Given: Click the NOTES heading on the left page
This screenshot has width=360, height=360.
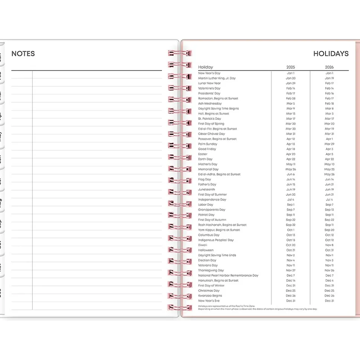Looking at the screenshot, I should pyautogui.click(x=23, y=54).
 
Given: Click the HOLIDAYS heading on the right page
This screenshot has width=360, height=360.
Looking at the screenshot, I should pyautogui.click(x=331, y=54).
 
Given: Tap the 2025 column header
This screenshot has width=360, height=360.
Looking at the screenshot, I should pyautogui.click(x=291, y=67).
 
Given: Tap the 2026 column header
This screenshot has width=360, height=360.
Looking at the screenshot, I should pyautogui.click(x=329, y=67).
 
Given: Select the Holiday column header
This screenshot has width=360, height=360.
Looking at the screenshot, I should pyautogui.click(x=206, y=67).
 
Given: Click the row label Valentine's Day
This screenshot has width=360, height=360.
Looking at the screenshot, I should pyautogui.click(x=209, y=88).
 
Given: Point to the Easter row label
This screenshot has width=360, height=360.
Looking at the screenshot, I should pyautogui.click(x=203, y=154).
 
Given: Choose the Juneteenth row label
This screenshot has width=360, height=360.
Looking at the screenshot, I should pyautogui.click(x=206, y=189).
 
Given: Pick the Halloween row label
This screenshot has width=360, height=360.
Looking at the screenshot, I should pyautogui.click(x=206, y=250).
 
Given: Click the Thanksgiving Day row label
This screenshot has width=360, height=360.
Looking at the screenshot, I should pyautogui.click(x=211, y=270).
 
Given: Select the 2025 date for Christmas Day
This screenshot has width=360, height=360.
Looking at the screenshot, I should pyautogui.click(x=291, y=291).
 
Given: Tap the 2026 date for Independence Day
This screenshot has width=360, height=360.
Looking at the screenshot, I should pyautogui.click(x=329, y=199).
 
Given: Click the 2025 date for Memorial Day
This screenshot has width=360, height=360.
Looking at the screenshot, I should pyautogui.click(x=291, y=169).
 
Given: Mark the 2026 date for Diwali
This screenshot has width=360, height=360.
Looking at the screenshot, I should pyautogui.click(x=329, y=245).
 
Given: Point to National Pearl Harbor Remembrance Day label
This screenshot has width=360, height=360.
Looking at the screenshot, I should pyautogui.click(x=228, y=275).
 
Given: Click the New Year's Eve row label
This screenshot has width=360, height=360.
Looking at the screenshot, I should pyautogui.click(x=209, y=301).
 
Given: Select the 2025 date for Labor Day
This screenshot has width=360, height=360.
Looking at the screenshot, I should pyautogui.click(x=291, y=205).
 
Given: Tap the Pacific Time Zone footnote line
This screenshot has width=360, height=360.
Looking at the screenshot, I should pyautogui.click(x=227, y=306).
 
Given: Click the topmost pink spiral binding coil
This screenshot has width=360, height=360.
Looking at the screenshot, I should pyautogui.click(x=180, y=53).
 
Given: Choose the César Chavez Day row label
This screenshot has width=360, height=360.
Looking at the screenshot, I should pyautogui.click(x=212, y=134).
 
